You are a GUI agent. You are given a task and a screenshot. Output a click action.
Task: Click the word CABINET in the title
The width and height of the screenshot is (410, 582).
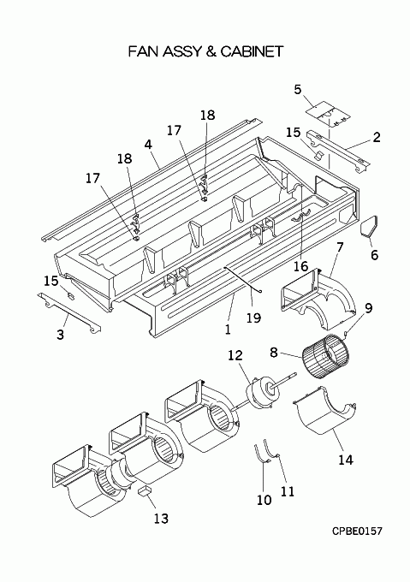(252, 51)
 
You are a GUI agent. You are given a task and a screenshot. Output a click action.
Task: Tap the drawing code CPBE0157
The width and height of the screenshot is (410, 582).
(357, 532)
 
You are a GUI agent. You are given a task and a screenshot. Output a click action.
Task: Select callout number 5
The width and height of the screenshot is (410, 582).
(298, 90)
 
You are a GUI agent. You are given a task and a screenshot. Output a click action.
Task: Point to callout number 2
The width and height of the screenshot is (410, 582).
(377, 137)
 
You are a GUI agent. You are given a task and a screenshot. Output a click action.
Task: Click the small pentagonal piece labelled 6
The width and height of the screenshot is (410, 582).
(369, 226)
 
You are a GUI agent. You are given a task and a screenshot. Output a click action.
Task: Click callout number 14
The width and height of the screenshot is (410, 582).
(346, 460)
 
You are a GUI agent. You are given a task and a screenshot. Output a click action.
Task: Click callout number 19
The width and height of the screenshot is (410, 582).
(254, 318)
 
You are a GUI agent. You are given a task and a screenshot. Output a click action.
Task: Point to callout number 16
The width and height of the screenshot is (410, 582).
(301, 266)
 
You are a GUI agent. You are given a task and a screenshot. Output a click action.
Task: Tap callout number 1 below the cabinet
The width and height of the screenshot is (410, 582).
(228, 329)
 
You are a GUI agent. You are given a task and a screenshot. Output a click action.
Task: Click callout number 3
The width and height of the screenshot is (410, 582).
(60, 335)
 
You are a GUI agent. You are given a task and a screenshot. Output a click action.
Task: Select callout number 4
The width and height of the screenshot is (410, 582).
(148, 144)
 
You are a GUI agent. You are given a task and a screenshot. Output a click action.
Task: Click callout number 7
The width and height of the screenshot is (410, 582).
(340, 246)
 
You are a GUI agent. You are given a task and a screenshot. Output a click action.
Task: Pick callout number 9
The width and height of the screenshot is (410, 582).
(368, 308)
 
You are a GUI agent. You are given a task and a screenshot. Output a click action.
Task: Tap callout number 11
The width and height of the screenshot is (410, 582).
(288, 491)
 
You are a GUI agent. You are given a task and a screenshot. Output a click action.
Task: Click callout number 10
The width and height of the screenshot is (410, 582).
(264, 500)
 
